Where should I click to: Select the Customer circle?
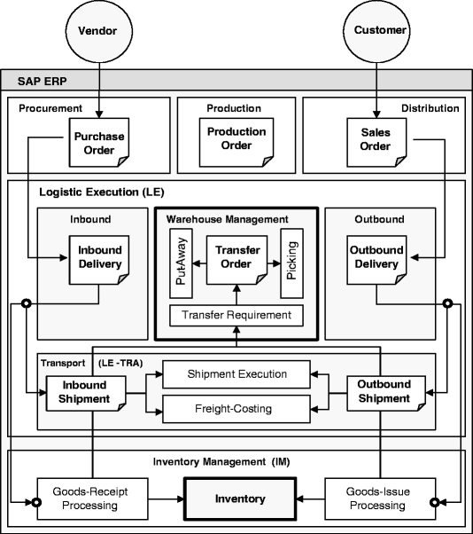[x=380, y=31]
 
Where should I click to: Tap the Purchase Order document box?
[x=98, y=143]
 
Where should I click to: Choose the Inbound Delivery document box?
[x=99, y=256]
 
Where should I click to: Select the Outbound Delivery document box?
[x=376, y=256]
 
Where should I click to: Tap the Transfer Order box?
[x=237, y=256]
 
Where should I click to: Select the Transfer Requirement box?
[x=237, y=315]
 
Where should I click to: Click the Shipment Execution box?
[x=237, y=375]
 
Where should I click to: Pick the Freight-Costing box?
[x=237, y=409]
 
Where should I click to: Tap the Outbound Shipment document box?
[x=384, y=392]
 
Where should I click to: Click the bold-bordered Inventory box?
[x=240, y=499]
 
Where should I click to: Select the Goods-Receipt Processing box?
[x=84, y=499]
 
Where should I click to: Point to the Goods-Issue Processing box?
[x=378, y=499]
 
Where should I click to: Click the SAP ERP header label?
[x=43, y=81]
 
